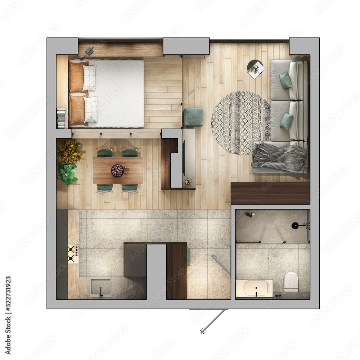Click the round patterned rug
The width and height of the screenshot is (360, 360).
240,123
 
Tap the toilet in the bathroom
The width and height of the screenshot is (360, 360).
291,281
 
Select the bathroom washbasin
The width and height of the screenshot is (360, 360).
256,288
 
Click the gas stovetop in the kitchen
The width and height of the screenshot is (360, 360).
73,254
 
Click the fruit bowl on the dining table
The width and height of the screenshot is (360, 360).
118,170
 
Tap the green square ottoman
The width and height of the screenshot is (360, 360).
193,117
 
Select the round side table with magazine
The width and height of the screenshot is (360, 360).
256,68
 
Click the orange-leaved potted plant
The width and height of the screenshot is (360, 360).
69,151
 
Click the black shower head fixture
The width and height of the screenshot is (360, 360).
296,226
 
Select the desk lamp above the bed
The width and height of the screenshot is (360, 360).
87,52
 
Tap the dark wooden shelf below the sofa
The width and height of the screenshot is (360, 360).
270,193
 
